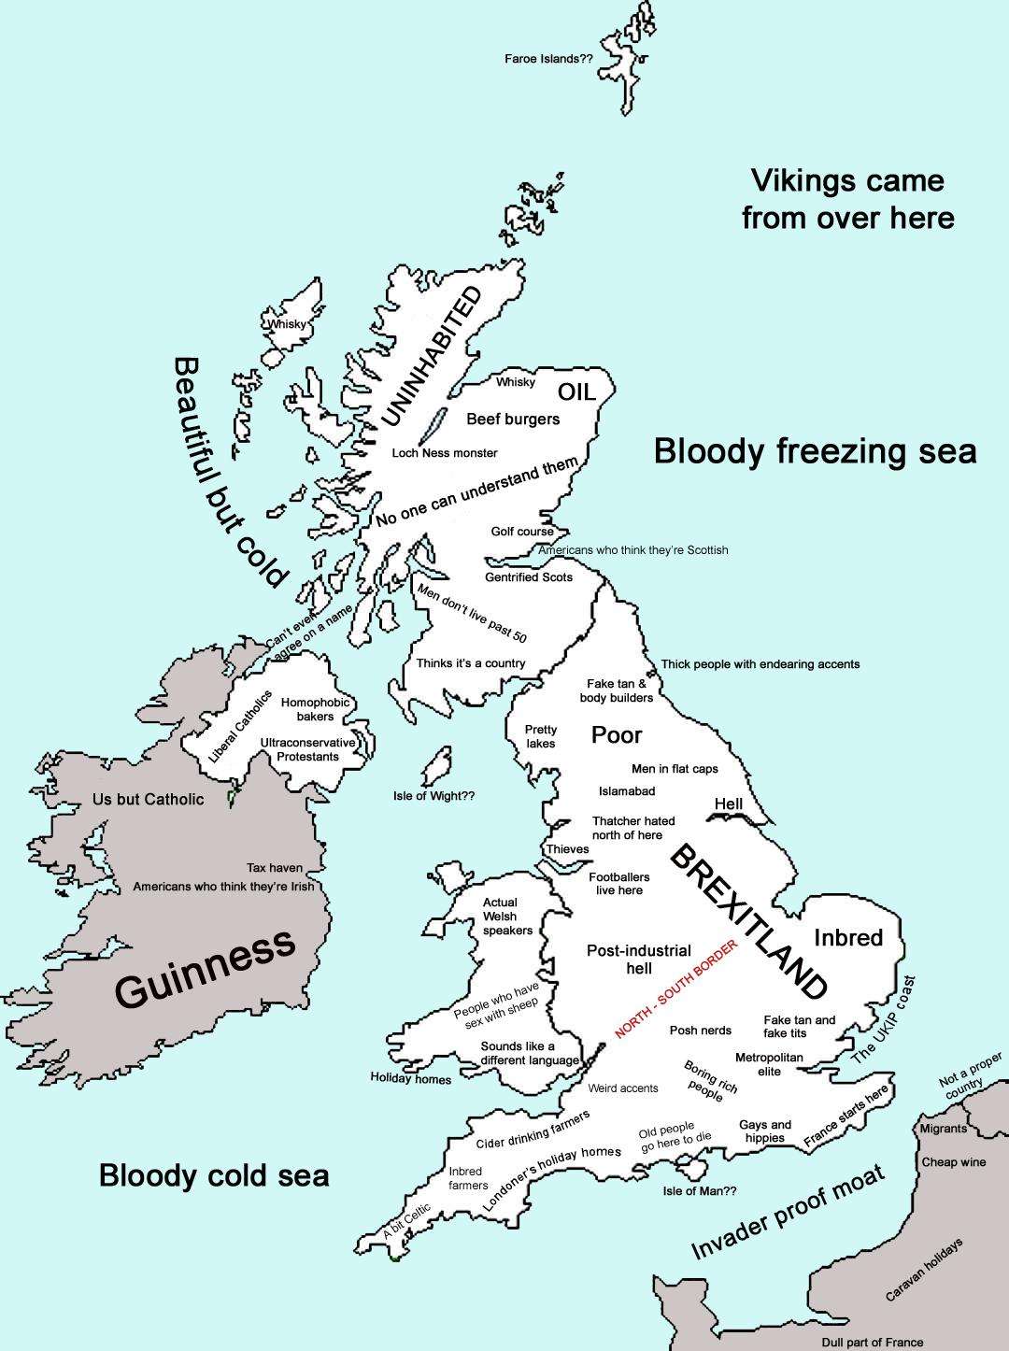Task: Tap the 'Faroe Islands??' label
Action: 548,58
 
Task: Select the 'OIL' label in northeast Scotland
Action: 576,391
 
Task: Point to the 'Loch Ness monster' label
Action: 445,453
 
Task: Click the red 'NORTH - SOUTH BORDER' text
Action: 676,989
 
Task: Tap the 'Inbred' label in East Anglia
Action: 848,937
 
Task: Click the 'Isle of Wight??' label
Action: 433,796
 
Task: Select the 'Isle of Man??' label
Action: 700,1191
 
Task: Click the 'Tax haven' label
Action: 275,868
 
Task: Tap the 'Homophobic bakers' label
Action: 315,709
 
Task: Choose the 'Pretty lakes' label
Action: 540,736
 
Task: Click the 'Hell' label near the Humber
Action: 729,804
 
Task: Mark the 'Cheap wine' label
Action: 954,1162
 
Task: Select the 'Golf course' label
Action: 522,532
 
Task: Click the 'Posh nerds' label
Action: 701,1031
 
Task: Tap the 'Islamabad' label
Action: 627,791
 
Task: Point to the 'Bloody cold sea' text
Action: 214,1174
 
